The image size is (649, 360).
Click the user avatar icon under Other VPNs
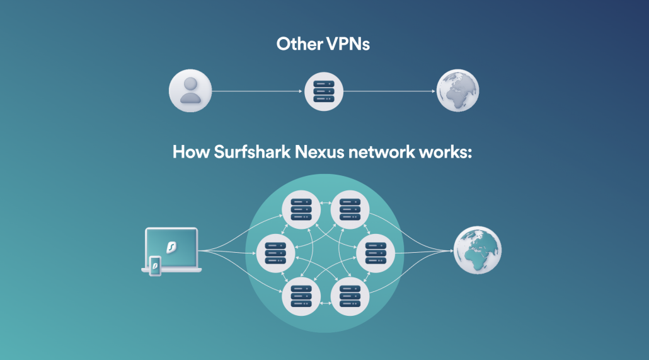click(x=190, y=91)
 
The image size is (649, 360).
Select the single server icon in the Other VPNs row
click(x=323, y=91)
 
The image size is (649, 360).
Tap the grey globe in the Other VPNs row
click(x=458, y=91)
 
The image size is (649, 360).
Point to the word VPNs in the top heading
click(x=348, y=44)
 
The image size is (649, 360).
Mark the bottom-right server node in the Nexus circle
click(x=350, y=296)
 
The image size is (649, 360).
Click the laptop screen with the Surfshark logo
click(x=171, y=246)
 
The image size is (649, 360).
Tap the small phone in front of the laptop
click(x=154, y=266)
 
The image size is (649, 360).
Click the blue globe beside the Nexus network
click(x=478, y=250)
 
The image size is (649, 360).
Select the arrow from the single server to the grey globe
click(x=389, y=91)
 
